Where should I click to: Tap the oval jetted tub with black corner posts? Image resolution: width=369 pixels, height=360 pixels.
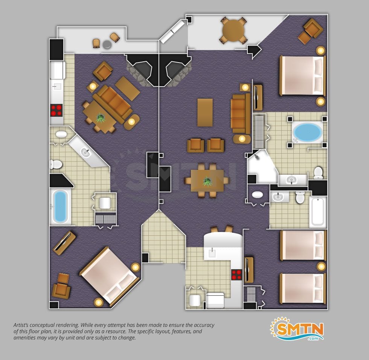coord(308,132)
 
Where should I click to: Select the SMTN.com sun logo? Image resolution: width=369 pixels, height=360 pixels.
coord(297,329)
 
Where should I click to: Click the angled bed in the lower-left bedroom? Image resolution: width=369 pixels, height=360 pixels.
coord(110,275)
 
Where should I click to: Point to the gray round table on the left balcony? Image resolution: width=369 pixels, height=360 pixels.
coord(107,44)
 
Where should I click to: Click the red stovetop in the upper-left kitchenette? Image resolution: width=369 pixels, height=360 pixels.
coord(57,110)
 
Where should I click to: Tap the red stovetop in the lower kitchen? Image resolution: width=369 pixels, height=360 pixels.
coord(237,275)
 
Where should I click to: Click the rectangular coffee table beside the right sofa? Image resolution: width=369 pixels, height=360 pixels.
coord(205,113)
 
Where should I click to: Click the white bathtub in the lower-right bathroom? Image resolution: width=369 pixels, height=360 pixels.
coord(318,212)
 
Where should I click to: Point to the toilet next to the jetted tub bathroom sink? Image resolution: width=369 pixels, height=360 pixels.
coord(318,172)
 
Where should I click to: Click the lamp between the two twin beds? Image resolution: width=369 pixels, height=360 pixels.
coord(321,267)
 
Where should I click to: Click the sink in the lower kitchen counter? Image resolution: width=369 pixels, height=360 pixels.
coord(212,253)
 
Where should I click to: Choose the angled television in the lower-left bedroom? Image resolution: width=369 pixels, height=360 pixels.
coord(64,243)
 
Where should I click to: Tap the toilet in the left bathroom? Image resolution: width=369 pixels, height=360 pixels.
coord(56,164)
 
